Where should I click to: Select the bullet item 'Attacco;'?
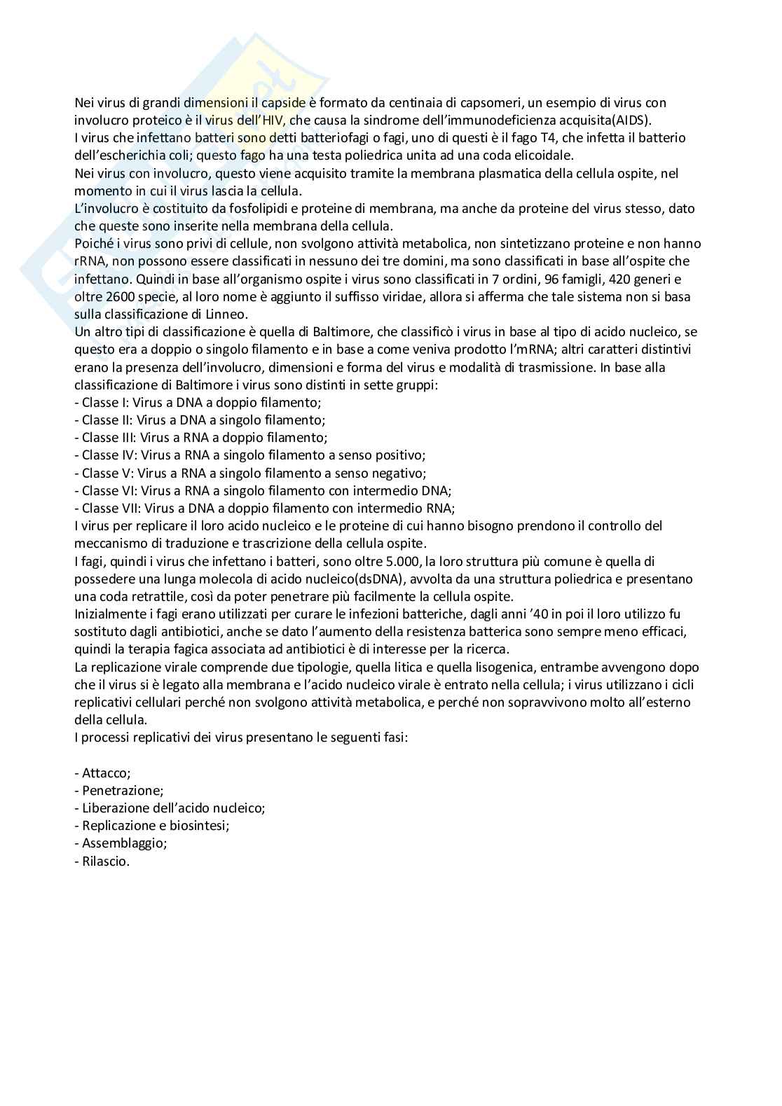102,773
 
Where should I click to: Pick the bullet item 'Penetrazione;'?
118,790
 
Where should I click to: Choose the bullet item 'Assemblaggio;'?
121,843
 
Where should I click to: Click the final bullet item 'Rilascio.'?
102,861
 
